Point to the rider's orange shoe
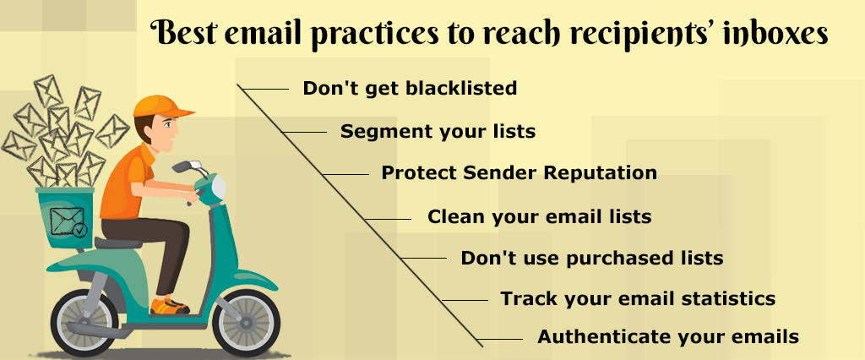(x=169, y=306)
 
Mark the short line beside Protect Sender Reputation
(x=345, y=174)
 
